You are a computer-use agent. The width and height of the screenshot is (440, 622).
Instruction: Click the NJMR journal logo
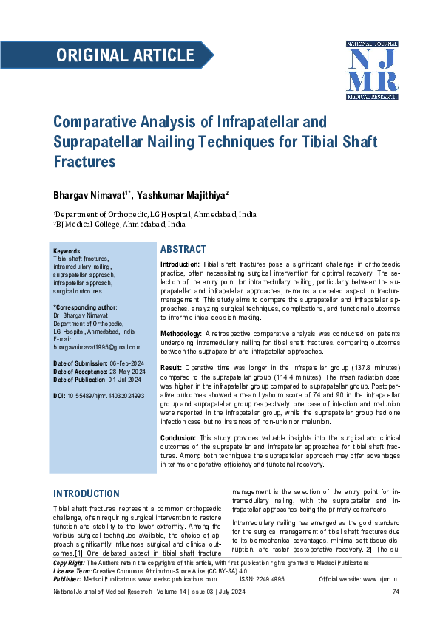tap(372, 70)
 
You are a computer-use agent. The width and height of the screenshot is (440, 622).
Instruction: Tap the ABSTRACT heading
tap(183, 250)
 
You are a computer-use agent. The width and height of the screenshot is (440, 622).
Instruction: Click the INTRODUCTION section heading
tap(87, 493)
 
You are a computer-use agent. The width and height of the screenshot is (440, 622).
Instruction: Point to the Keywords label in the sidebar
tap(68, 251)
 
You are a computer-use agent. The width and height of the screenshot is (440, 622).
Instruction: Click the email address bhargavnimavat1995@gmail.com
tap(97, 346)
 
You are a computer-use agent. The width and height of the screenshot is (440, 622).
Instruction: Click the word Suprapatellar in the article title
tap(95, 140)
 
